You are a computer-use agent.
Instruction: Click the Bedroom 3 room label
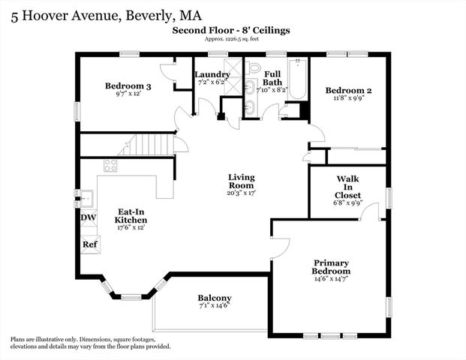[128, 87]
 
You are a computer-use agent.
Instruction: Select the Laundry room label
[212, 75]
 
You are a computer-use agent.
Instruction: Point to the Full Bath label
[272, 77]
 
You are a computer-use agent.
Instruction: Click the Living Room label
[241, 181]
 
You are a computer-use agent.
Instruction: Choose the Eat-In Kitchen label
[131, 216]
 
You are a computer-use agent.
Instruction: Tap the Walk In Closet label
[347, 187]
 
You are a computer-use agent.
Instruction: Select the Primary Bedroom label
[332, 267]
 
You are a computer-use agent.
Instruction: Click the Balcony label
[214, 298]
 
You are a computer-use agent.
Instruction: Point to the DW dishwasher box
[89, 217]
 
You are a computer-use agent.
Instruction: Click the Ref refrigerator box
[89, 244]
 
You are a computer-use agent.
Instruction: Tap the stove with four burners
[110, 166]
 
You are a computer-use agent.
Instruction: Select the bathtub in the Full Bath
[298, 79]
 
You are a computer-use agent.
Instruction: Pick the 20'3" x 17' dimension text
[241, 193]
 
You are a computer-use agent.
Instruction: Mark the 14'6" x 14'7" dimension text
[332, 280]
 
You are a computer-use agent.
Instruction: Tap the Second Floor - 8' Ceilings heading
[230, 30]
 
